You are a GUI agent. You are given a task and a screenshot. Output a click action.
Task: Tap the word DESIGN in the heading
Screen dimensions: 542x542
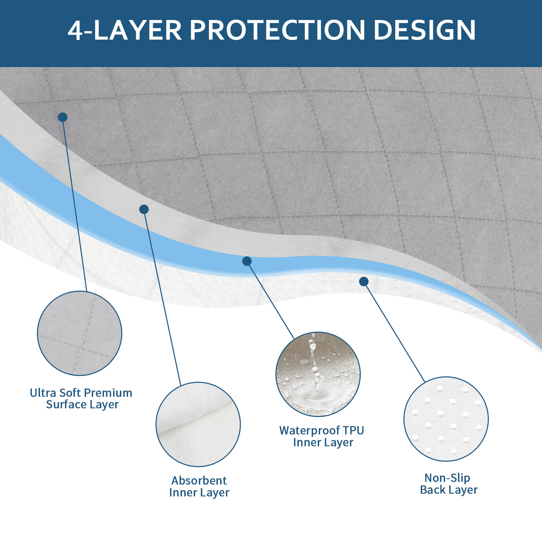[425, 30]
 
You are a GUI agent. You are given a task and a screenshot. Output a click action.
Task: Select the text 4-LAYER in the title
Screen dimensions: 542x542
[125, 30]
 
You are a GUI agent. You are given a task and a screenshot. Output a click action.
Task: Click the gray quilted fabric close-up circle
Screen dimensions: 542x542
[80, 333]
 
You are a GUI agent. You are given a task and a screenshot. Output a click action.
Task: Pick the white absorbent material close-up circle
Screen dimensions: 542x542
[198, 424]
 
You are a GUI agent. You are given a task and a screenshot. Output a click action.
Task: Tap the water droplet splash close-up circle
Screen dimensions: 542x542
[318, 374]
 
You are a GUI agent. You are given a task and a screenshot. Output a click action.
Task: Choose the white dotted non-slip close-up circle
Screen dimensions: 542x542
[446, 419]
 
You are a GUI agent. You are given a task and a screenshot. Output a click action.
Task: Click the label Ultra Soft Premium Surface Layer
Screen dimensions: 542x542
[81, 399]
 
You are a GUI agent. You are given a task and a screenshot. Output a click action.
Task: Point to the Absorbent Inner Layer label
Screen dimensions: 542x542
[199, 486]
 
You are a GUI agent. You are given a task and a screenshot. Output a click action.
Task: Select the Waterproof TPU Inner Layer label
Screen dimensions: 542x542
[322, 436]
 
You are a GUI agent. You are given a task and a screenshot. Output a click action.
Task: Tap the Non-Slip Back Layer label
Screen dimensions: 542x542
[449, 484]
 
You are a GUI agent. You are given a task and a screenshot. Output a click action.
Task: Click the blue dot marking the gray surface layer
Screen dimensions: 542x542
[63, 117]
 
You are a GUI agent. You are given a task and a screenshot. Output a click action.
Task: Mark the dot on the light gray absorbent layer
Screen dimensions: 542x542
[144, 209]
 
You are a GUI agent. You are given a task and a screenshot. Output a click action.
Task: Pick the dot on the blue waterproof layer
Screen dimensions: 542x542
[247, 261]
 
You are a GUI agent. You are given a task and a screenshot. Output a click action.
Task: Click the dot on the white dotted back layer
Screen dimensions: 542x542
[364, 282]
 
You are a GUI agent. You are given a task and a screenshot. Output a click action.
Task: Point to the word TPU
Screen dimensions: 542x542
[353, 430]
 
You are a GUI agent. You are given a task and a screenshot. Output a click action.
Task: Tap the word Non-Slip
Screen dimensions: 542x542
[447, 478]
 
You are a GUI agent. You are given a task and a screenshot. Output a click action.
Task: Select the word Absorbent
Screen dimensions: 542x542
[199, 480]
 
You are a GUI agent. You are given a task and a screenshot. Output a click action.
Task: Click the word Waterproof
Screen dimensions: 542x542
[309, 431]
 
